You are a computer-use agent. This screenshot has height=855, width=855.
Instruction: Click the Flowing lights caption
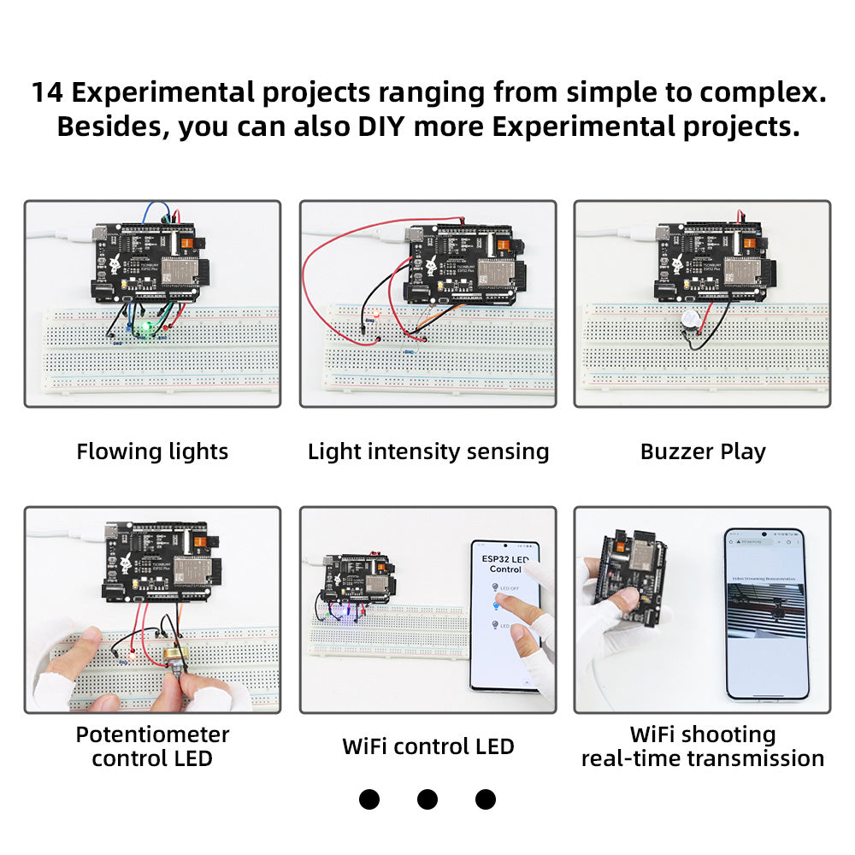click(152, 451)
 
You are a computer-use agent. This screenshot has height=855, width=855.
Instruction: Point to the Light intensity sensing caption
click(427, 451)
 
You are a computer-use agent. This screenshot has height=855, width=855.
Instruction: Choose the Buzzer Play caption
click(703, 451)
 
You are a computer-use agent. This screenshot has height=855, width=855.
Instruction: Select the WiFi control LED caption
click(427, 746)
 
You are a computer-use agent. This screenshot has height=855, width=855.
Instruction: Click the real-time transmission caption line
click(703, 758)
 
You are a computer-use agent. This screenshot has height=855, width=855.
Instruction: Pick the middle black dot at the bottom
click(427, 799)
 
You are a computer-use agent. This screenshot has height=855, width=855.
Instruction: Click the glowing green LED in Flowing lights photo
click(146, 327)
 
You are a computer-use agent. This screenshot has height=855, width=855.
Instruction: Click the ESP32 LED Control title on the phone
click(504, 563)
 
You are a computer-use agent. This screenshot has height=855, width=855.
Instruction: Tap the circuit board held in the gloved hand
click(633, 581)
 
